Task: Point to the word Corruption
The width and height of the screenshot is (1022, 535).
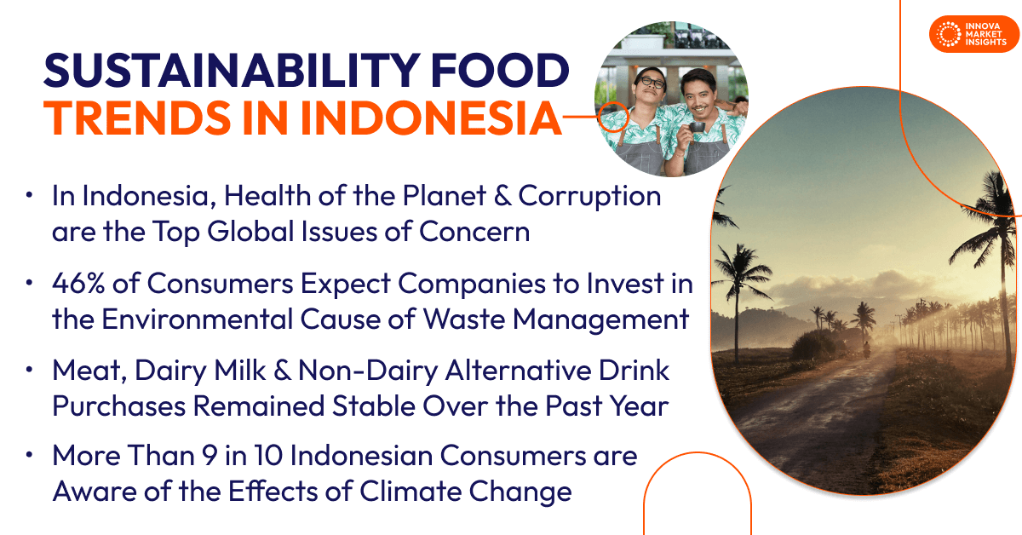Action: pos(589,197)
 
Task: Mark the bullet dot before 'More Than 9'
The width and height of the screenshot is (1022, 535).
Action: pos(31,456)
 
